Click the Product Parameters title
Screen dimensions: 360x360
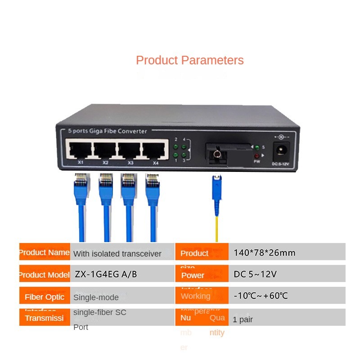189,60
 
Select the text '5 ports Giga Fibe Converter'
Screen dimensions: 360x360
108,131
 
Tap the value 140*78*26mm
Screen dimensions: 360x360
264,253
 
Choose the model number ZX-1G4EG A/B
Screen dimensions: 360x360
106,274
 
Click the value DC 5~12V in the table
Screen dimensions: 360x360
255,274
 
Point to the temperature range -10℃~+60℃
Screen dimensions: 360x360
261,296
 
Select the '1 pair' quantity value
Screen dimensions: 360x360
243,320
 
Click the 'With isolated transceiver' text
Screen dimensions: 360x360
117,254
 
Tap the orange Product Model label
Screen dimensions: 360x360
45,274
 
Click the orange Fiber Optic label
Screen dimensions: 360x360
45,297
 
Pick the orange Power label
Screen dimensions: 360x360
193,275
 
